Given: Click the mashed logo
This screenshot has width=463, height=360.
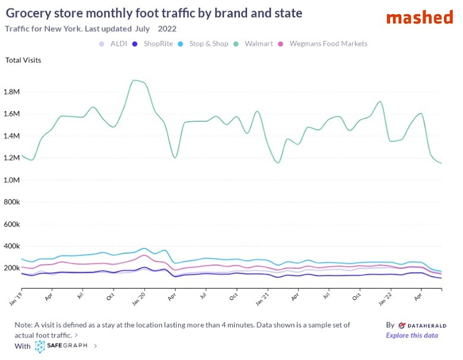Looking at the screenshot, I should [x=419, y=17].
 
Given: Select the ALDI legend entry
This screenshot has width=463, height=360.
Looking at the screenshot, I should [x=118, y=43].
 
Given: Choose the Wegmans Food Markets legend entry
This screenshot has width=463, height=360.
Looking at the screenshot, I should [x=328, y=43].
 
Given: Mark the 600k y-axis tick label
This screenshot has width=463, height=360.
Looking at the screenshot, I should [x=13, y=225].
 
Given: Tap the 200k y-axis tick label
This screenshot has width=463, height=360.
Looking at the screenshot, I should [x=13, y=269].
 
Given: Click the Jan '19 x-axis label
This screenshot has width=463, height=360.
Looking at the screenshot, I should [x=16, y=298].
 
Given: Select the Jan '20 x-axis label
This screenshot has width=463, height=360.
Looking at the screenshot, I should [x=139, y=298].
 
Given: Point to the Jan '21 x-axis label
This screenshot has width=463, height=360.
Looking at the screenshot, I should [x=263, y=298].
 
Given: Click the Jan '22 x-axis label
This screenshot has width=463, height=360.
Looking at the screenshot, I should [x=386, y=298].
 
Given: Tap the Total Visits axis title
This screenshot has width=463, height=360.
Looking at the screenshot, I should [x=23, y=60].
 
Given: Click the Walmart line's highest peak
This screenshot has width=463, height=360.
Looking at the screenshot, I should [x=135, y=80].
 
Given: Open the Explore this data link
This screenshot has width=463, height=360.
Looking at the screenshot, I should [x=412, y=336].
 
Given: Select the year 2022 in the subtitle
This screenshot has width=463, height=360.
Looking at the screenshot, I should [x=167, y=29].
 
